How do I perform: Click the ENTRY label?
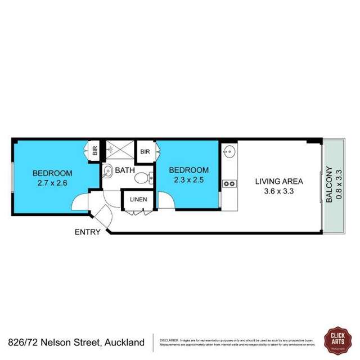point(88,231)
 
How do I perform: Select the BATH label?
point(125,169)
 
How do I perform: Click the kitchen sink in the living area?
point(229,151)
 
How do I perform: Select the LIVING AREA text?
point(279,181)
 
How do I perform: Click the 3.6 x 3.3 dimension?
point(279,191)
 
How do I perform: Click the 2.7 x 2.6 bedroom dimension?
point(52,182)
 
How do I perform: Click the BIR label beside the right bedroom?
point(144,151)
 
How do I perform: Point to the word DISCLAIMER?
point(170,340)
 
